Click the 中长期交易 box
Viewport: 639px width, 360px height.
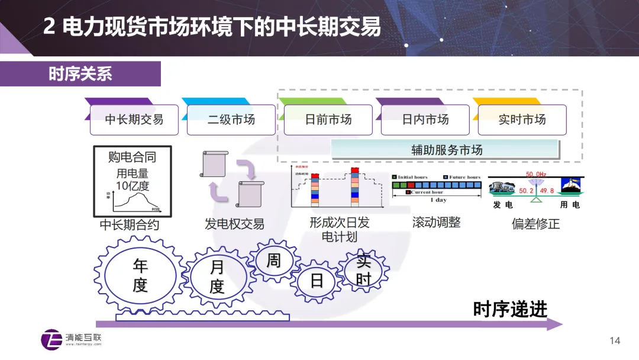click(x=134, y=120)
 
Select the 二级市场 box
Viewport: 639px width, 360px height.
click(x=231, y=120)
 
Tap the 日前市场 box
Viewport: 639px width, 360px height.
click(x=328, y=120)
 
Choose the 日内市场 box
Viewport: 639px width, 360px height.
click(x=425, y=120)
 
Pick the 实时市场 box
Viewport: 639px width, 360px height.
click(x=522, y=120)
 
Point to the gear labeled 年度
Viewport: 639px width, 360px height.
click(x=140, y=275)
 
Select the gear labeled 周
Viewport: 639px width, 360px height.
click(x=273, y=261)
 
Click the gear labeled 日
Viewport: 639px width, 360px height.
click(x=317, y=281)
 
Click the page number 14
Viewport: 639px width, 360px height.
click(x=615, y=340)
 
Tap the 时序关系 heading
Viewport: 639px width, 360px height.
click(x=80, y=74)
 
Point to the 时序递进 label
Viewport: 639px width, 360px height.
click(x=510, y=308)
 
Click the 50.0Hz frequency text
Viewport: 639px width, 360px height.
click(x=537, y=175)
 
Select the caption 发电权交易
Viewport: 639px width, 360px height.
click(x=234, y=224)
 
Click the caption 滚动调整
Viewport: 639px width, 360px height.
click(x=436, y=223)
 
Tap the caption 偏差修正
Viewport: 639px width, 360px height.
click(x=535, y=224)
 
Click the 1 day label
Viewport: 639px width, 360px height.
click(x=438, y=200)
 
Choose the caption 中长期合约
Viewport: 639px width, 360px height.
click(x=130, y=225)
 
